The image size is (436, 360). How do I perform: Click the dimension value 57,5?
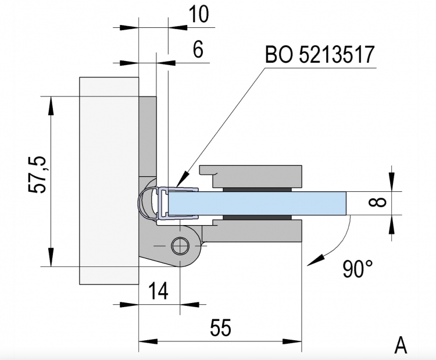tap(37, 174)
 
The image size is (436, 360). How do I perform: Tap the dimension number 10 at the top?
tap(199, 14)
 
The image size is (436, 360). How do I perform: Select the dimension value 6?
tap(198, 49)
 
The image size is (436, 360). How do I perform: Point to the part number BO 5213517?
tap(320, 54)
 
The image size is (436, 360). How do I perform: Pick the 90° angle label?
tap(358, 269)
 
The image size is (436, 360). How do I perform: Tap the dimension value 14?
tap(159, 291)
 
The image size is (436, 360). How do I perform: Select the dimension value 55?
tap(220, 327)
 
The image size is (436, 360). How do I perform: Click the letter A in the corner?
tap(401, 345)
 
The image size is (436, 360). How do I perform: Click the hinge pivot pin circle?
tap(180, 246)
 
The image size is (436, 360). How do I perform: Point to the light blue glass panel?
tap(256, 203)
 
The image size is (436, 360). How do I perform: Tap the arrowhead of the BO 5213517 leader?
tap(182, 180)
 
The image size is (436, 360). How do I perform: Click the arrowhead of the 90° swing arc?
tap(314, 261)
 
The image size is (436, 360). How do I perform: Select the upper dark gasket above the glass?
tap(256, 190)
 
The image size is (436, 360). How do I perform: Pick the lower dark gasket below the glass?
tap(256, 217)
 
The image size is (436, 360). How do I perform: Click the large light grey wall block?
tap(109, 181)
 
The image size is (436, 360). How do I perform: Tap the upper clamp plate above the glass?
tap(251, 176)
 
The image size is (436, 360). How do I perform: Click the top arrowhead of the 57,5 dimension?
tap(51, 106)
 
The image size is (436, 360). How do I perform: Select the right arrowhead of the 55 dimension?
tap(292, 341)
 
